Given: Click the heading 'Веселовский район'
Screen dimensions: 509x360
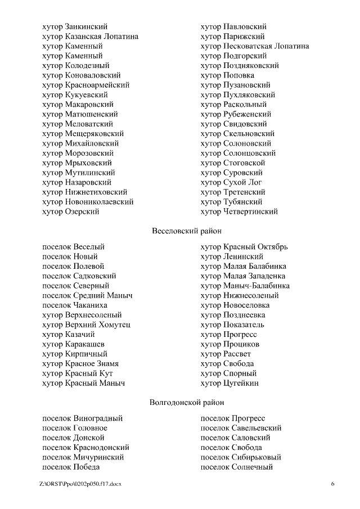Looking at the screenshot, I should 187,230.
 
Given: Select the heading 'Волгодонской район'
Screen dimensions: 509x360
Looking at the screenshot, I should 187,402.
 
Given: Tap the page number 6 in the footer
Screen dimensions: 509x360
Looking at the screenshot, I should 332,484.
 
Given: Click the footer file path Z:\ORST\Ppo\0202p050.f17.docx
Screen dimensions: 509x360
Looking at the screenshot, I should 80,484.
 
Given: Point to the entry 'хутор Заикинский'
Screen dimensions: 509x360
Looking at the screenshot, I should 75,26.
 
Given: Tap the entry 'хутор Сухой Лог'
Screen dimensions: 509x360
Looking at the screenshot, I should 231,182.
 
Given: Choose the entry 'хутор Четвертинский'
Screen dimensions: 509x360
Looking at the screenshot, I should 239,211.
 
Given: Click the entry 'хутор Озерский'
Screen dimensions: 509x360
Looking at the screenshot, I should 71,211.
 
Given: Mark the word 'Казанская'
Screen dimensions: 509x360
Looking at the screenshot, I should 84,37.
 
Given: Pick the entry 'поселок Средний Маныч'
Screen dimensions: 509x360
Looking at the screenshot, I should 87,295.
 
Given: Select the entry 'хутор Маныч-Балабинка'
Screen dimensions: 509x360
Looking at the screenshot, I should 245,286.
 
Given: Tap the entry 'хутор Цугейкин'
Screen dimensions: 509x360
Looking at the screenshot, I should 229,383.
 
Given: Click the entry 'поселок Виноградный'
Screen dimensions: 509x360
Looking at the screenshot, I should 82,418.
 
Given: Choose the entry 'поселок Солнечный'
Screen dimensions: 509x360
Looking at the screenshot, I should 236,467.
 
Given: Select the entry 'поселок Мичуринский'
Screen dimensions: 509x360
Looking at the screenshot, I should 83,457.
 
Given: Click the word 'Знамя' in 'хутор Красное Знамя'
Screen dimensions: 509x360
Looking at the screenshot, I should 107,364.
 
